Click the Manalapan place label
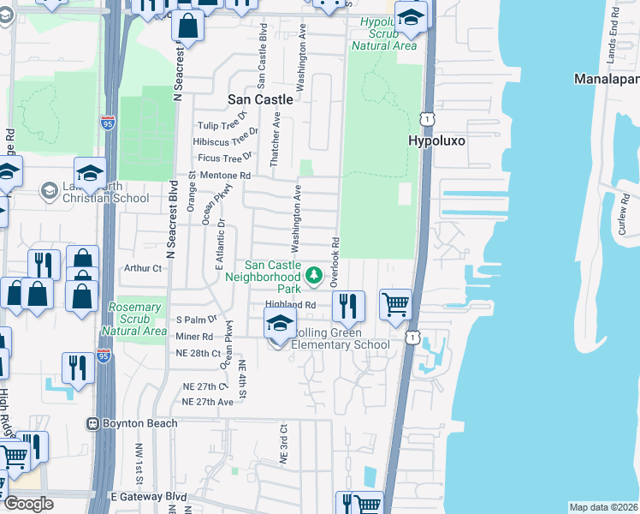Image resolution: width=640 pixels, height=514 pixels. coord(606,79)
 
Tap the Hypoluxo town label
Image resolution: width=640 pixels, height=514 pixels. coord(436,141)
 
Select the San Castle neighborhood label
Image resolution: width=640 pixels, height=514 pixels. coord(260,99)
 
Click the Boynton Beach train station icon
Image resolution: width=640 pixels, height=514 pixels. coord(92,423)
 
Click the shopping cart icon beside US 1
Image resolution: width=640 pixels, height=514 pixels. coord(395,304)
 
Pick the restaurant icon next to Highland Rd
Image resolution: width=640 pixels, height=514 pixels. coord(348,306)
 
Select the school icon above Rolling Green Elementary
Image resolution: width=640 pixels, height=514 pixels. coord(279,324)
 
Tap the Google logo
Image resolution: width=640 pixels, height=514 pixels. coord(28,504)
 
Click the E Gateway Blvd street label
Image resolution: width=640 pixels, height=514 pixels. coord(149,497)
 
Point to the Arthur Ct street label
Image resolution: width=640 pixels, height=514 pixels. coord(143,268)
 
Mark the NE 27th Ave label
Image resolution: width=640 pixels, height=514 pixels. coord(208,401)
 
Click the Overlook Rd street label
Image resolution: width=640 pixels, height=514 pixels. coord(336,261)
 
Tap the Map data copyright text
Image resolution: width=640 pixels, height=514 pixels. coord(602,507)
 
